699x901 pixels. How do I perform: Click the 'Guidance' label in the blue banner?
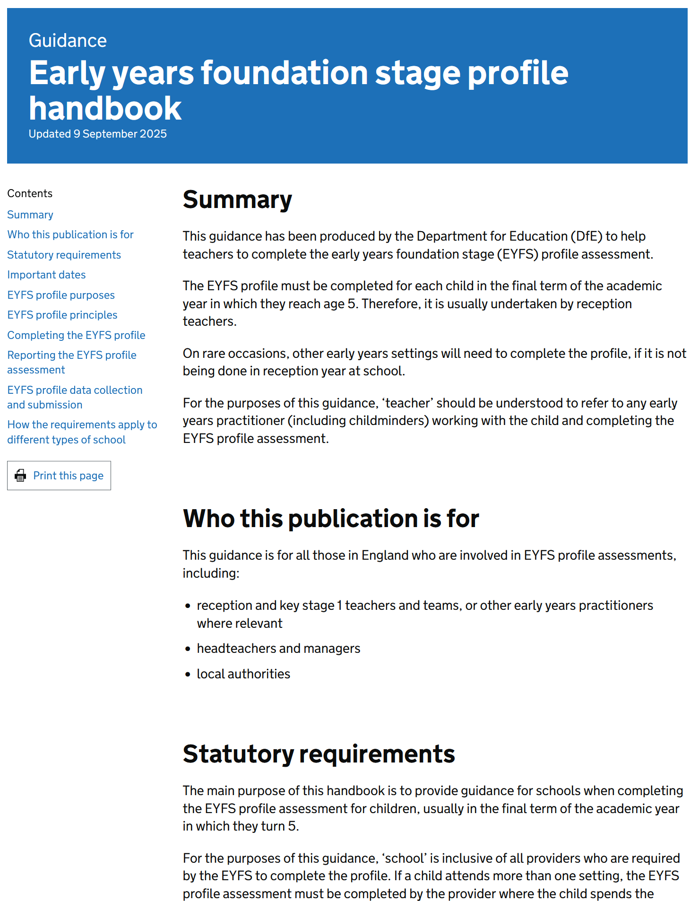(68, 41)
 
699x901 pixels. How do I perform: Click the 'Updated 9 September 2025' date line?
(97, 134)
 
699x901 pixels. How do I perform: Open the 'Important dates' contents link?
(46, 275)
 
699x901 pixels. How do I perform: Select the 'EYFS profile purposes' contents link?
(61, 295)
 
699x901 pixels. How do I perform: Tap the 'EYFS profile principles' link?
(62, 315)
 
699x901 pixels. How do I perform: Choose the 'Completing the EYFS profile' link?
(76, 335)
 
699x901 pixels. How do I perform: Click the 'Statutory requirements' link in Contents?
(64, 255)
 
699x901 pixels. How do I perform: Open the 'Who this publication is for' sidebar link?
(70, 234)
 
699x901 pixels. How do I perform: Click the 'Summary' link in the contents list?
(30, 215)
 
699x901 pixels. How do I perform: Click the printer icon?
(20, 476)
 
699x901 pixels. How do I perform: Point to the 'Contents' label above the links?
(30, 193)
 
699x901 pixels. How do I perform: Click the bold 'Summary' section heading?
(237, 199)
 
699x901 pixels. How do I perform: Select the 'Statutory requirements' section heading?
(319, 754)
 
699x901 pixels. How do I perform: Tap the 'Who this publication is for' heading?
(331, 519)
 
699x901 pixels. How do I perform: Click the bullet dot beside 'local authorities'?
(188, 675)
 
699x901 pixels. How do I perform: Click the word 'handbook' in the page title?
(105, 108)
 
